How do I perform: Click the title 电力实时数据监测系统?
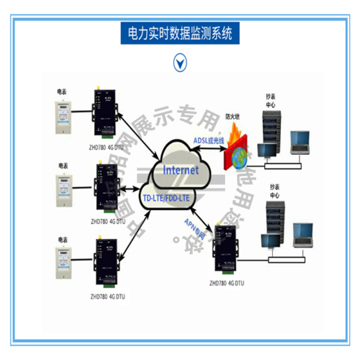180,33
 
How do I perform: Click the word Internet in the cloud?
180,170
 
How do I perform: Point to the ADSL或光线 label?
209,141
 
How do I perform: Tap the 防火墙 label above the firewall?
233,116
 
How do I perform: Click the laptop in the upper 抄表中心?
299,142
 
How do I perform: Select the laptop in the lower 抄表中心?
302,235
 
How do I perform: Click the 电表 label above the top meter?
62,91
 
